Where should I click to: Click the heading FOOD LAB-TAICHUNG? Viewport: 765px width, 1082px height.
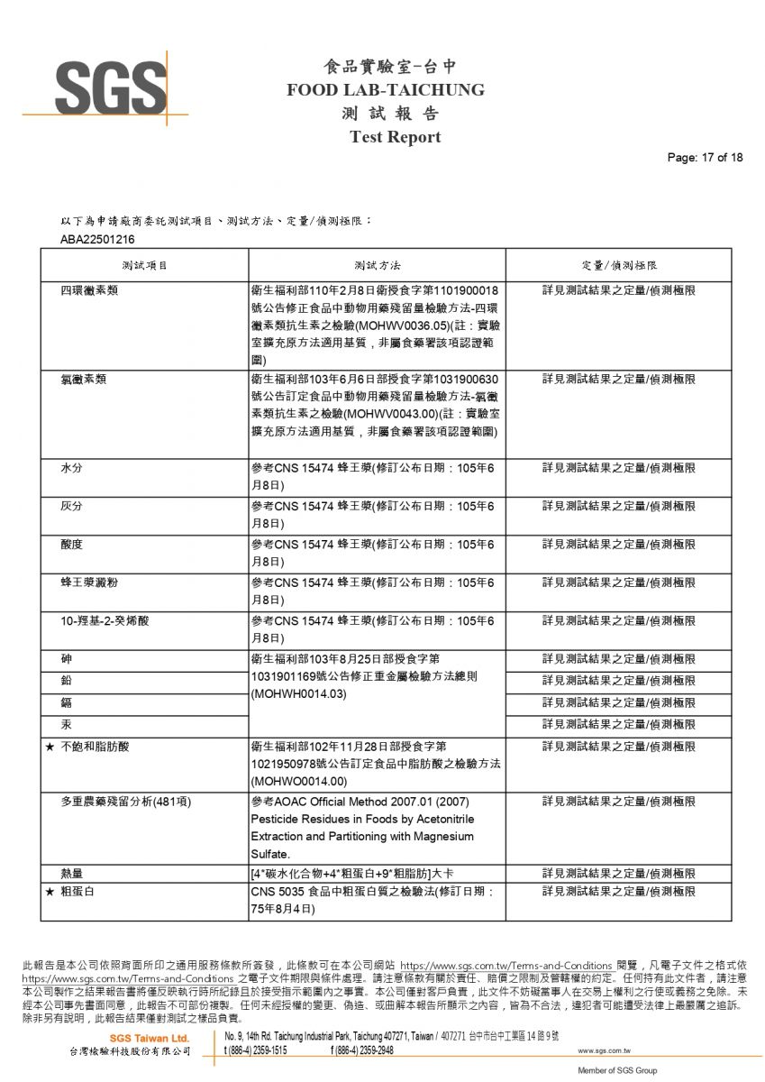385,90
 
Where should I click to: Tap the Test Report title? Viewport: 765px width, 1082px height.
395,137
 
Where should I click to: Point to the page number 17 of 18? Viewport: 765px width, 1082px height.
705,158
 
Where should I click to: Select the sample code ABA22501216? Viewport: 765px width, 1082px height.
97,239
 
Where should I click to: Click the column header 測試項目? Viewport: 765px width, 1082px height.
144,266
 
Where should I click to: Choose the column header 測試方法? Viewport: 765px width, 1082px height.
377,266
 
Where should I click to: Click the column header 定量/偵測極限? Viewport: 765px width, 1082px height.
618,266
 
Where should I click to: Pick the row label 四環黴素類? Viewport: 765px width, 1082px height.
90,291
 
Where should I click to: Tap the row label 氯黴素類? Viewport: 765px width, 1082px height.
84,380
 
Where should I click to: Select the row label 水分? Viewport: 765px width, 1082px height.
72,469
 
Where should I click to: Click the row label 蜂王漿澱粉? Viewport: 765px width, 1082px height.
89,582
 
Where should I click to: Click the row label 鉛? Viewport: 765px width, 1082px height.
67,680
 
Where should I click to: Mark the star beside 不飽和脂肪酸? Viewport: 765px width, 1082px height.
50,747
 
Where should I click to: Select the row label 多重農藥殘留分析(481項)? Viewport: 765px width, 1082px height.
126,802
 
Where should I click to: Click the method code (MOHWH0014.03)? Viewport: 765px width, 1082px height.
299,696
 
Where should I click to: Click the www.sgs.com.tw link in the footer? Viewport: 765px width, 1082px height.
603,1050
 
